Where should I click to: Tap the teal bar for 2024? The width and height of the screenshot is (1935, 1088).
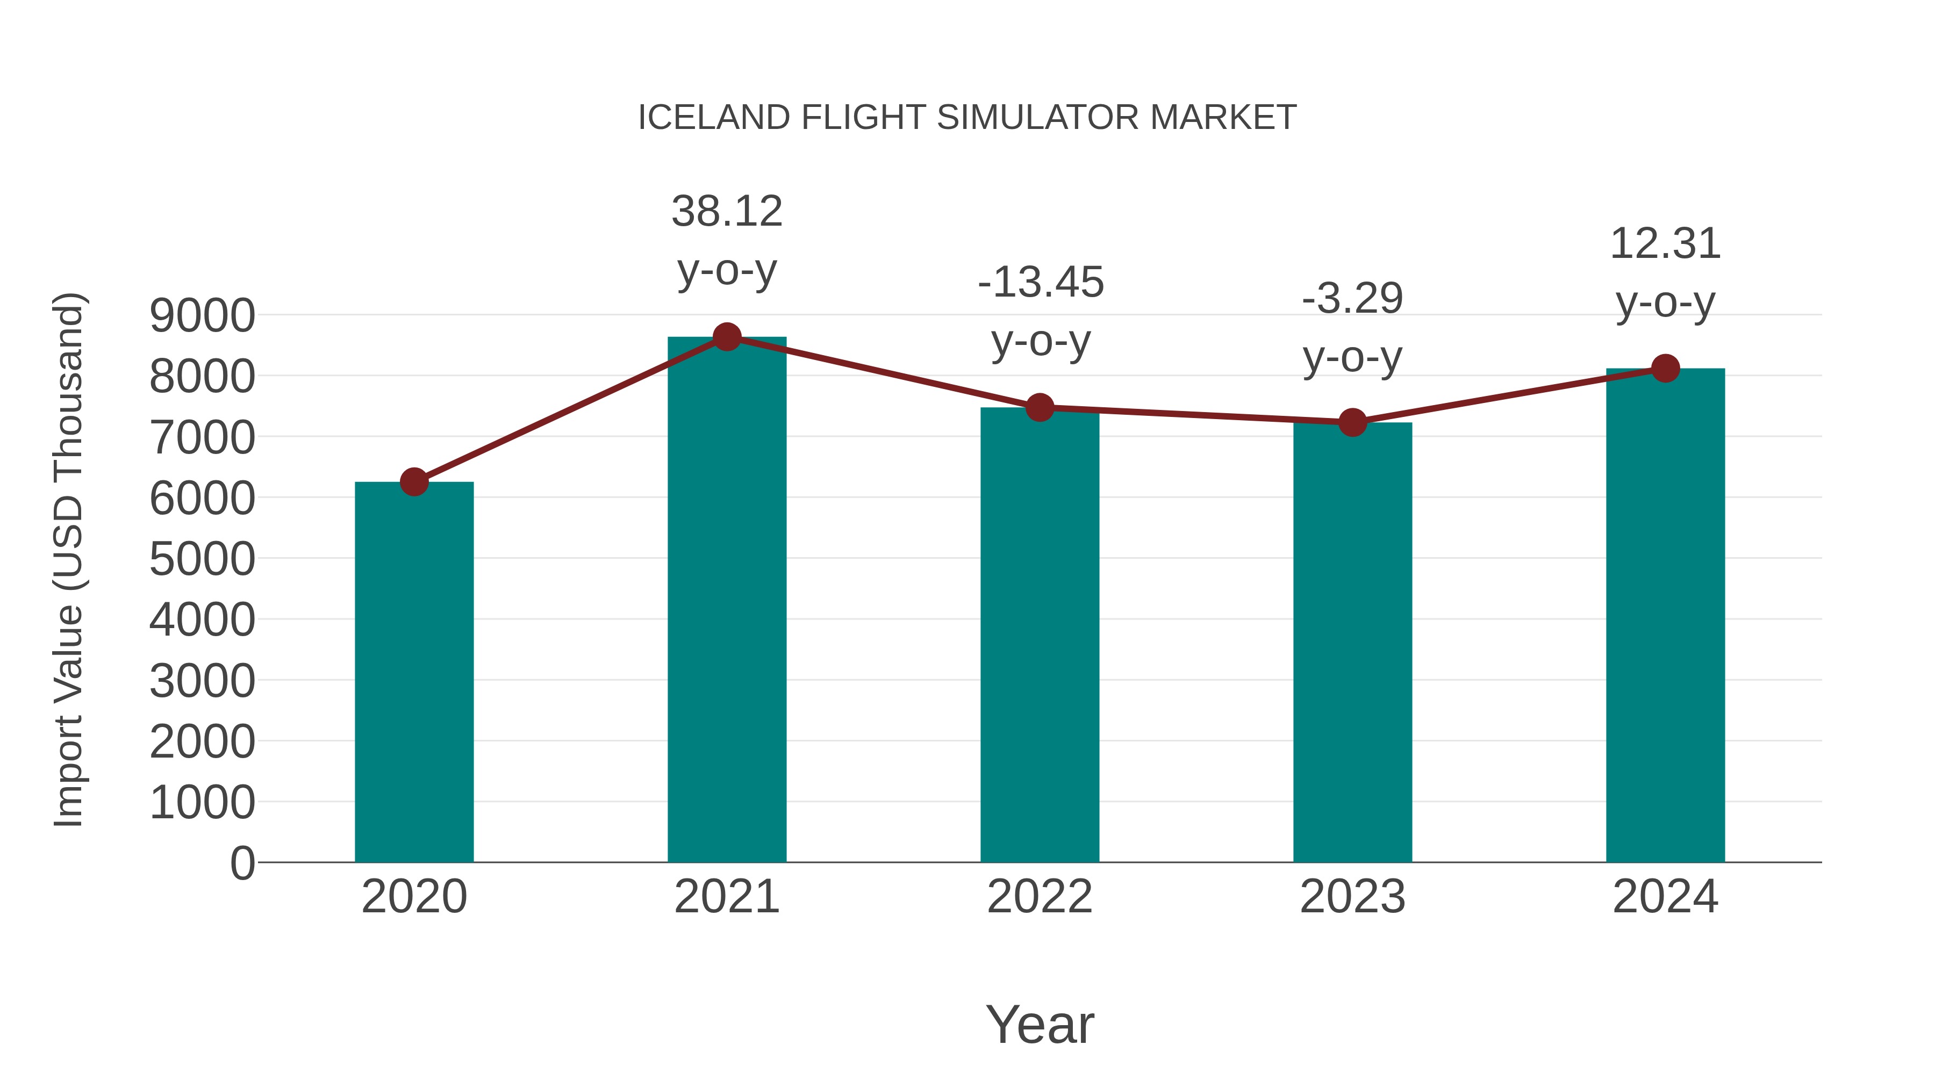tap(1665, 616)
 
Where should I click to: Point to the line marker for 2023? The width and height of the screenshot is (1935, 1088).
tap(1352, 423)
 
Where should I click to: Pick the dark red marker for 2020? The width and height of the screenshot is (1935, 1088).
tap(414, 482)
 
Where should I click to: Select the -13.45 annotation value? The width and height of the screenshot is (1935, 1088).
tap(1041, 283)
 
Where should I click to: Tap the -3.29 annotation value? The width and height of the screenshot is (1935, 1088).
tap(1352, 299)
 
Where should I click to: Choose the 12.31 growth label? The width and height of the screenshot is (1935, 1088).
tap(1665, 244)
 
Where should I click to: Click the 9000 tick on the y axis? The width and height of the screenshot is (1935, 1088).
tap(202, 316)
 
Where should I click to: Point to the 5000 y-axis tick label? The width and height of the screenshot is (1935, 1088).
tap(202, 559)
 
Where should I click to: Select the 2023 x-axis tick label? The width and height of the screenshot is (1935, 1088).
tap(1352, 897)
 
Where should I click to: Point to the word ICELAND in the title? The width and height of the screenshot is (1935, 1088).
tap(714, 118)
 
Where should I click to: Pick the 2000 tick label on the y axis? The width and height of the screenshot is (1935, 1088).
tap(202, 742)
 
